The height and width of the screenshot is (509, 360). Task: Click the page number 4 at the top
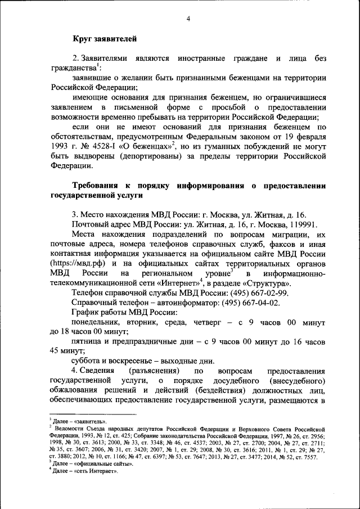pyautogui.click(x=188, y=19)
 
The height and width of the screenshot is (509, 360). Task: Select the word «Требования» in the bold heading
pyautogui.click(x=100, y=186)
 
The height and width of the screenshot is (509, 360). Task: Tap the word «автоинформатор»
pyautogui.click(x=188, y=303)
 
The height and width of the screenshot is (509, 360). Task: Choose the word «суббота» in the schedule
pyautogui.click(x=87, y=361)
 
